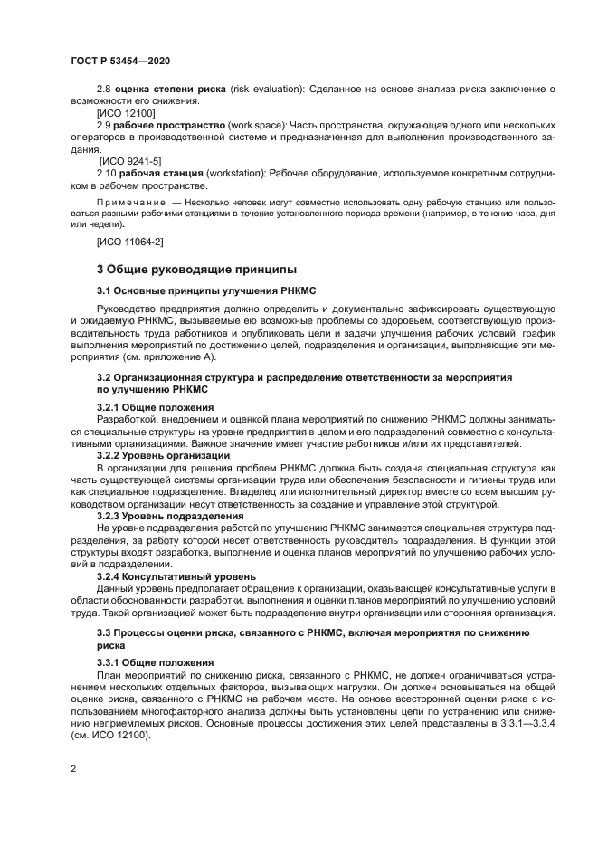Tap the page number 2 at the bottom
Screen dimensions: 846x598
click(x=73, y=768)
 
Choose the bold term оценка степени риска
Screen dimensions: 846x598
click(x=163, y=90)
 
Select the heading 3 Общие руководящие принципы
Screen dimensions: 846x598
click(x=196, y=269)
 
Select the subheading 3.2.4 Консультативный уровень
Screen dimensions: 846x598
click(x=170, y=575)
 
